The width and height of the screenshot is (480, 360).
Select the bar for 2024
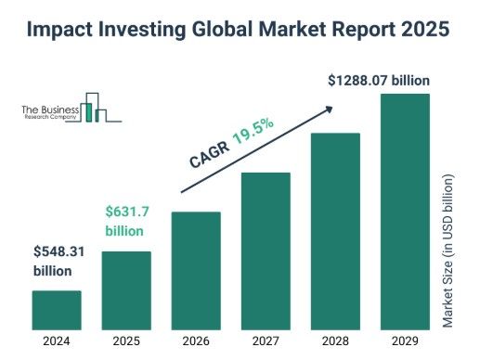[x=57, y=310]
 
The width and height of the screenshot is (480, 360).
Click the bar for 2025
[x=126, y=290]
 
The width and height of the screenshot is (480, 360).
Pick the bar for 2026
[x=196, y=271]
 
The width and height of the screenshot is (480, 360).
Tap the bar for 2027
[x=266, y=251]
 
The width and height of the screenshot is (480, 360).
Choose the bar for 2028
[x=335, y=231]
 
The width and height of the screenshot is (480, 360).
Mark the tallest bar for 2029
[x=405, y=212]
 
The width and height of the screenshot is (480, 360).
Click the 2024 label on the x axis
[x=57, y=341]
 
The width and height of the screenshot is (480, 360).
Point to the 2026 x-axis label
[x=196, y=341]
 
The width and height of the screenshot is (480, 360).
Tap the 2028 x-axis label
[x=335, y=341]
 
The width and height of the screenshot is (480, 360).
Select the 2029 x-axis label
[x=405, y=341]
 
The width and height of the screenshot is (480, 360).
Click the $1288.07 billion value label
[x=379, y=81]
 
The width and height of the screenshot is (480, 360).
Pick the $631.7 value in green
[x=127, y=212]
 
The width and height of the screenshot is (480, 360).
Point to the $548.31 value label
[x=58, y=251]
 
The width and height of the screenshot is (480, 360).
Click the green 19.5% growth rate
[x=253, y=131]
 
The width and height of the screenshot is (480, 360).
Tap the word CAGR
[x=210, y=155]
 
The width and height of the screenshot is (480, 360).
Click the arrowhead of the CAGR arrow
[x=330, y=109]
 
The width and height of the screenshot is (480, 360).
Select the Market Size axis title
[x=448, y=251]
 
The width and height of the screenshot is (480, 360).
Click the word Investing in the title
[x=142, y=30]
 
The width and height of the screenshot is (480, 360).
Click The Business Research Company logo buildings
[x=93, y=108]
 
